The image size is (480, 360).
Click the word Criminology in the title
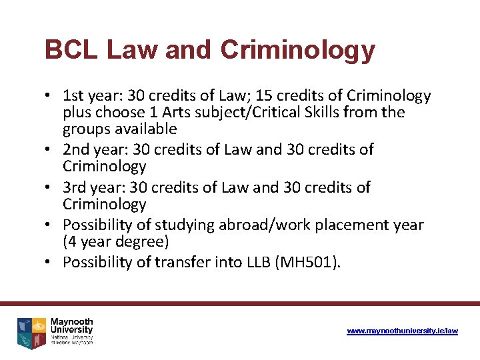pos(297,50)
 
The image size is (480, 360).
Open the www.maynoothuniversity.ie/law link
pos(403,331)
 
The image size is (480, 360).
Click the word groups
pos(85,128)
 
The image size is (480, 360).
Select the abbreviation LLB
pos(261,263)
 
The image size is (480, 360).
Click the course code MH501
pos(309,263)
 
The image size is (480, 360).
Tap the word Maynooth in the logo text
pos(71,322)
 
